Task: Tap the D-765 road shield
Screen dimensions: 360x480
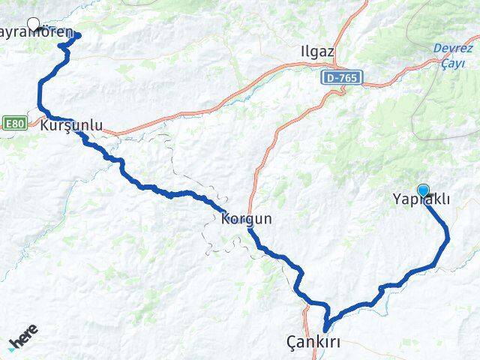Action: [344, 77]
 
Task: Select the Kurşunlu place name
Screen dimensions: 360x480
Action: [72, 125]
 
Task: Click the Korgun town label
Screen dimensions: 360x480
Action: [247, 220]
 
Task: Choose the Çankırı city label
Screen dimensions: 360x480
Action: [314, 342]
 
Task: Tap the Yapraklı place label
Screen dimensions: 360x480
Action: [421, 199]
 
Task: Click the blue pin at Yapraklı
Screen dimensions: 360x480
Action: [424, 191]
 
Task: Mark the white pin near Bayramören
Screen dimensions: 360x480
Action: [34, 23]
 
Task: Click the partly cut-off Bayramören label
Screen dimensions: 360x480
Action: [37, 33]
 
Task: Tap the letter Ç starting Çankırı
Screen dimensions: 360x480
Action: [292, 342]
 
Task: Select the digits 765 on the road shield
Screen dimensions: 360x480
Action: [349, 77]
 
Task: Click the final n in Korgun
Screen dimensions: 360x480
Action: [267, 220]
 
